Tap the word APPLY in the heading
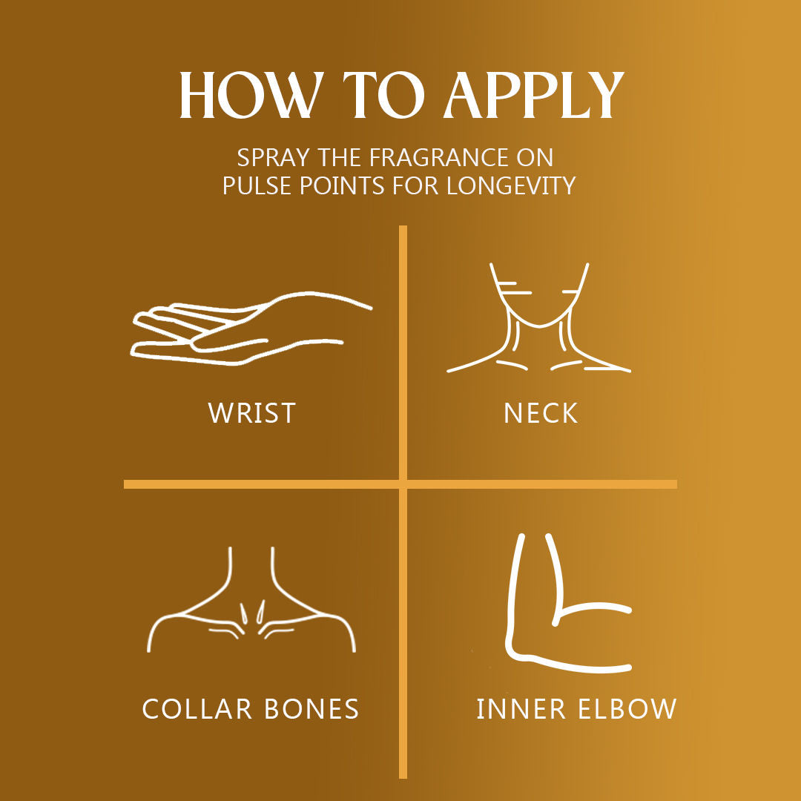pyautogui.click(x=534, y=96)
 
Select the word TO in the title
pyautogui.click(x=383, y=96)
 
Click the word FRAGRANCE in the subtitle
pyautogui.click(x=439, y=158)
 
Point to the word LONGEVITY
pyautogui.click(x=511, y=185)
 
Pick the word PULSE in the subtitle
pyautogui.click(x=258, y=185)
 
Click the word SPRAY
pyautogui.click(x=273, y=158)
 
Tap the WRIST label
pyautogui.click(x=252, y=413)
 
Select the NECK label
pyautogui.click(x=541, y=413)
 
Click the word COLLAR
pyautogui.click(x=197, y=709)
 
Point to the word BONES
pyautogui.click(x=312, y=709)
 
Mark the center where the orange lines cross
pyautogui.click(x=403, y=484)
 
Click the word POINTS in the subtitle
pyautogui.click(x=342, y=185)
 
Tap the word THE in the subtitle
pyautogui.click(x=339, y=158)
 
